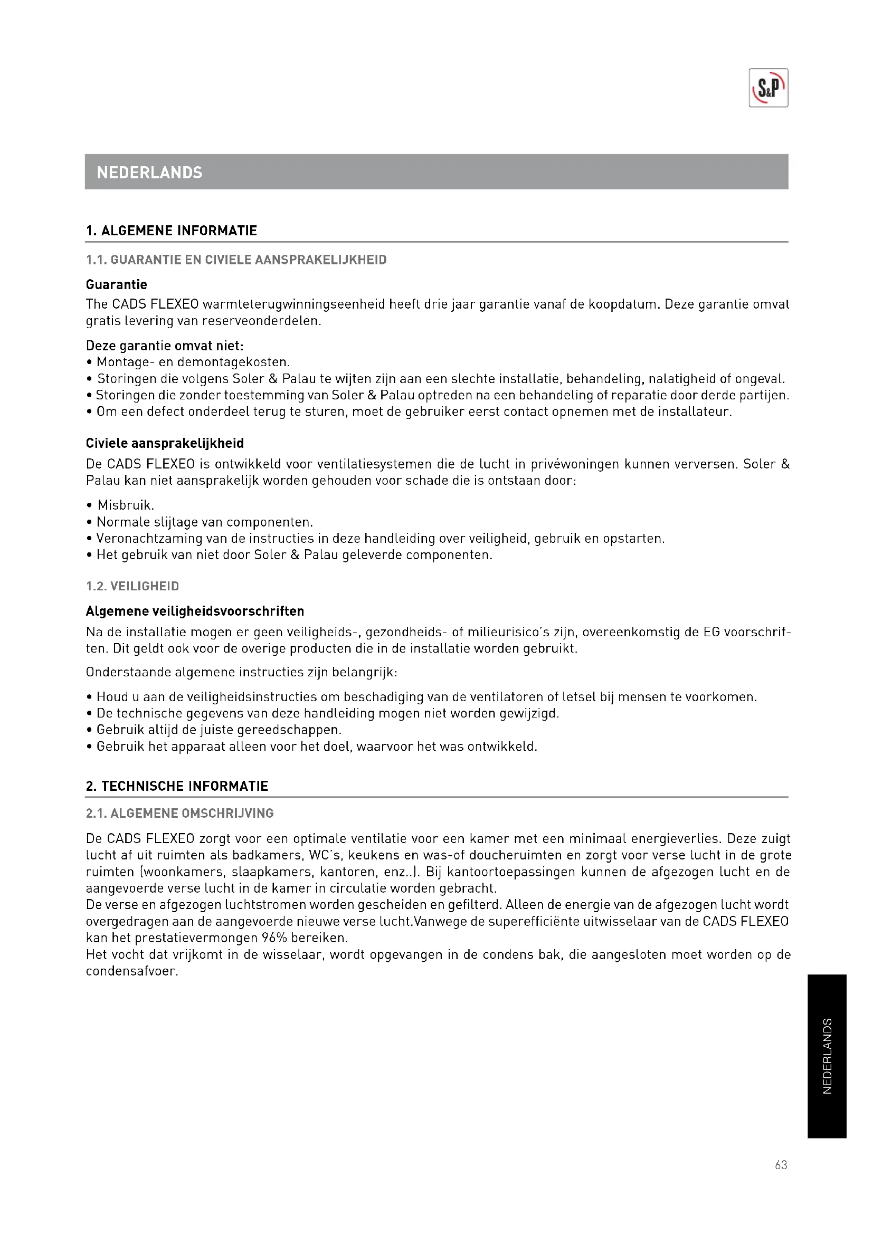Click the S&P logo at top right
pyautogui.click(x=768, y=88)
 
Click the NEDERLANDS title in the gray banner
pyautogui.click(x=149, y=173)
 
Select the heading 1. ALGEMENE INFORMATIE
pyautogui.click(x=172, y=231)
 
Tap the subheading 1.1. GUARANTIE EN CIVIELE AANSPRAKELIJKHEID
pyautogui.click(x=236, y=260)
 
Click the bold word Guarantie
pyautogui.click(x=116, y=284)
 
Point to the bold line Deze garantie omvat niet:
pyautogui.click(x=165, y=346)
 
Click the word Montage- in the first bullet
pyautogui.click(x=125, y=362)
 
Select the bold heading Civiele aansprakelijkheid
pyautogui.click(x=165, y=443)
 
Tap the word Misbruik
pyautogui.click(x=125, y=505)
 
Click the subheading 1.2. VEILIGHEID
pyautogui.click(x=132, y=586)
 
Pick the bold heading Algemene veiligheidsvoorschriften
pyautogui.click(x=195, y=611)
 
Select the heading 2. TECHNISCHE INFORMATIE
pyautogui.click(x=177, y=786)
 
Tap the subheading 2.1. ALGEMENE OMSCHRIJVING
pyautogui.click(x=179, y=813)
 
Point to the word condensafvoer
pyautogui.click(x=131, y=971)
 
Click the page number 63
pyautogui.click(x=781, y=1165)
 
